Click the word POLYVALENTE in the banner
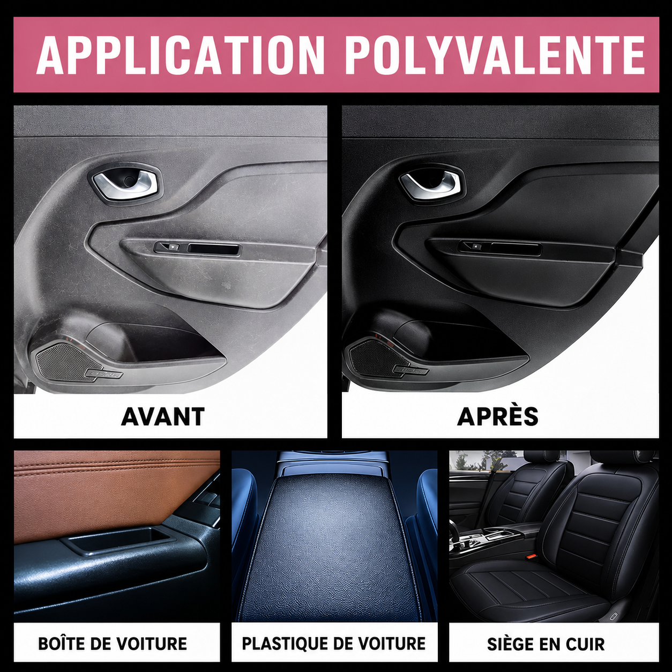496,55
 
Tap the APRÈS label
498,415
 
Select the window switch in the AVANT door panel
167,247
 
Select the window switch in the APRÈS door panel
472,246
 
